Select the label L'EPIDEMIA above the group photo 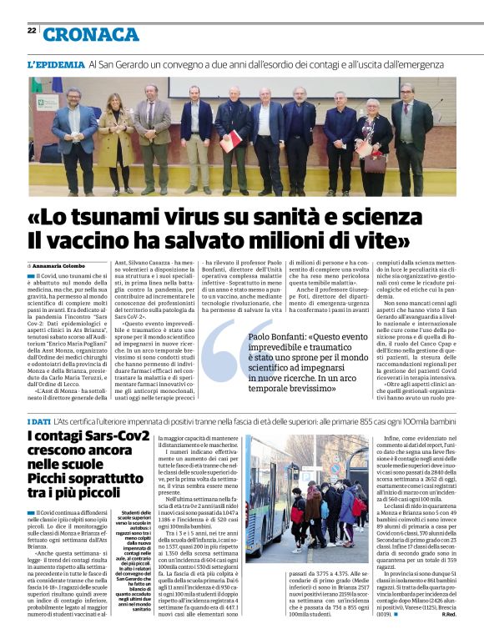pos(56,64)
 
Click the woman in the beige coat pos(114,134)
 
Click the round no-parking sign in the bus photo pos(335,468)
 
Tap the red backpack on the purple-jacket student pos(358,506)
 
